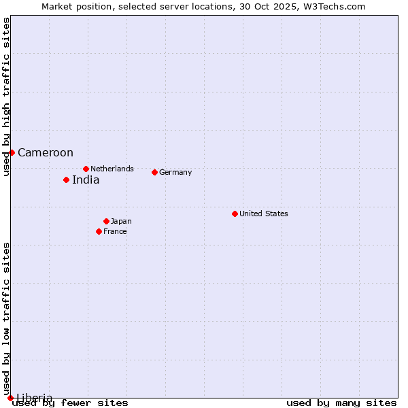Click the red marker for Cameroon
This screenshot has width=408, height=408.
pos(12,152)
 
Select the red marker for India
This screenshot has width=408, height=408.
pos(66,180)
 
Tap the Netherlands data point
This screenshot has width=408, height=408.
pos(86,169)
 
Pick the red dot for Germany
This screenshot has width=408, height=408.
pos(154,172)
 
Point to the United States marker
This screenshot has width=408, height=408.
pos(235,214)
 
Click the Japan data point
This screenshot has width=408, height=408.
pos(106,221)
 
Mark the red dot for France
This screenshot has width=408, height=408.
pos(99,231)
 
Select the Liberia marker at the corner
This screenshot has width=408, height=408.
pos(10,398)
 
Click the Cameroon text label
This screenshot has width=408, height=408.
pos(46,153)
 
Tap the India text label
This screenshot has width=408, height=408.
pos(86,180)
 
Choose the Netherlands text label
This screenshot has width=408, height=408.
pos(112,169)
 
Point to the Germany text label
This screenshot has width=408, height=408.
pos(175,173)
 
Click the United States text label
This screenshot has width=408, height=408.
pos(264,214)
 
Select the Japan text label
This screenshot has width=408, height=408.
pos(121,222)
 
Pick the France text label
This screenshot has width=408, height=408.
pos(115,232)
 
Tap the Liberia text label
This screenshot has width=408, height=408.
pos(35,398)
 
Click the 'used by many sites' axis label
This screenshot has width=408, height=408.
pos(341,403)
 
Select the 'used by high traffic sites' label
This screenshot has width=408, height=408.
pos(7,97)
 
